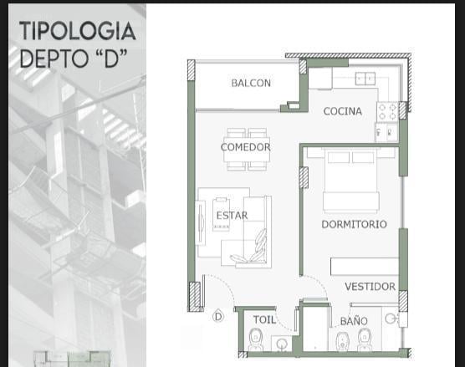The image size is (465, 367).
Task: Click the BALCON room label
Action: (x=251, y=83)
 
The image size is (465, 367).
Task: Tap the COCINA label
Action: (x=343, y=111)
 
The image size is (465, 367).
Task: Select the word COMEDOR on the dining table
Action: (x=246, y=147)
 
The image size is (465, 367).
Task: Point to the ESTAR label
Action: (x=232, y=216)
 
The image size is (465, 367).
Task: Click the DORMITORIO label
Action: (x=354, y=224)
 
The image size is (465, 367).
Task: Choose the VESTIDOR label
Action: (x=370, y=287)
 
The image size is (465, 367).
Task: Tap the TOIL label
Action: (x=264, y=319)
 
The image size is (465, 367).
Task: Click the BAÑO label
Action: (x=354, y=320)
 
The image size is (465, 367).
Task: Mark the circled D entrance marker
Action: (x=218, y=317)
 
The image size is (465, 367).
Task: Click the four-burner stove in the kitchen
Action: (x=387, y=112)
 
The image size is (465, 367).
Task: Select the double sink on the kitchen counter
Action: (x=365, y=79)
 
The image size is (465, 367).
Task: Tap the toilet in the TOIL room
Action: (x=255, y=339)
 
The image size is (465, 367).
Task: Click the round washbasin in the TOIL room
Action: (x=282, y=344)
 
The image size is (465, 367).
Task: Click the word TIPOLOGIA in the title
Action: (x=78, y=31)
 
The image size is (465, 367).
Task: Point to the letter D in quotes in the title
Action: (x=112, y=59)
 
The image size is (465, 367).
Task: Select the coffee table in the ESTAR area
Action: (x=222, y=214)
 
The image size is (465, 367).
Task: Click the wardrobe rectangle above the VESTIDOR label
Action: (x=365, y=267)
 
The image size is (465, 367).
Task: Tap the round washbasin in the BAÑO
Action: (x=391, y=319)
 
